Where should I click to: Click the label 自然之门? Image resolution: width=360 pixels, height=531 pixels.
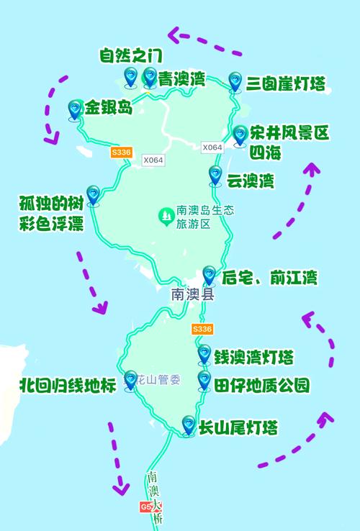pos(130,55)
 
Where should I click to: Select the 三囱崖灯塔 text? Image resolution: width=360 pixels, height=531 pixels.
pos(286,84)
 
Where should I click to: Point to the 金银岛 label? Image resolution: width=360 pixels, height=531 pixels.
pos(109,109)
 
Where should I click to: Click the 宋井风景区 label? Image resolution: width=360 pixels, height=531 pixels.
pos(289,133)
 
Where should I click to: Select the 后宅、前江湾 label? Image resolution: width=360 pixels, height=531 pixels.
pos(269,278)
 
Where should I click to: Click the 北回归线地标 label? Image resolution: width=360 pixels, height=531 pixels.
pos(68,386)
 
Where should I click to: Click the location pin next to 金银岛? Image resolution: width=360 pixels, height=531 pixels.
pos(74,109)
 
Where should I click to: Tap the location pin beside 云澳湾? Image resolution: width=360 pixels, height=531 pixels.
pos(215,175)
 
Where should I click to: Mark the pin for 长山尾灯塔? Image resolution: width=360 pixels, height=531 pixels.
pos(189,425)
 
